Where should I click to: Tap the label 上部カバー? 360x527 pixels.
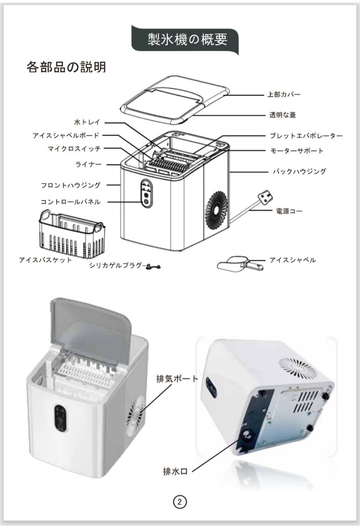click(x=284, y=94)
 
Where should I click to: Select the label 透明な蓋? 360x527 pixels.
click(x=282, y=115)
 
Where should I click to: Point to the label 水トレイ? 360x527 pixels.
click(x=87, y=122)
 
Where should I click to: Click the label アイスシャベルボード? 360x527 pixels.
click(x=66, y=136)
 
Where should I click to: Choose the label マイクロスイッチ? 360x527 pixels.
click(x=74, y=149)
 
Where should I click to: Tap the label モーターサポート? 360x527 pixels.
click(x=297, y=151)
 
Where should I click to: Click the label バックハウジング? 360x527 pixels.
click(x=299, y=171)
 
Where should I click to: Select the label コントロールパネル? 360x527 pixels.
click(x=70, y=202)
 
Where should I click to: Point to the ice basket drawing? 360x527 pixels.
click(x=72, y=235)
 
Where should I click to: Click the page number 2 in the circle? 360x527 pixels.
click(x=180, y=502)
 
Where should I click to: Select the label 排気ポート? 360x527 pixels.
click(x=177, y=379)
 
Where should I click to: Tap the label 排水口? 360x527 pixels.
click(x=175, y=472)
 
